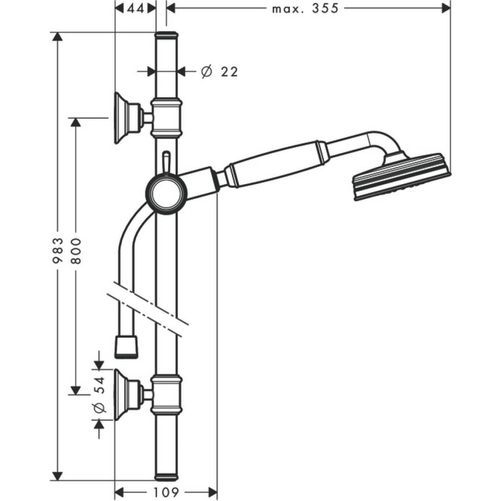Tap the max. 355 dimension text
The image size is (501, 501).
click(x=305, y=8)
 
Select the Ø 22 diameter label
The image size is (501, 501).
click(x=220, y=72)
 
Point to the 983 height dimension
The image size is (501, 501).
click(x=58, y=250)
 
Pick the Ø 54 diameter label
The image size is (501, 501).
click(x=99, y=395)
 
